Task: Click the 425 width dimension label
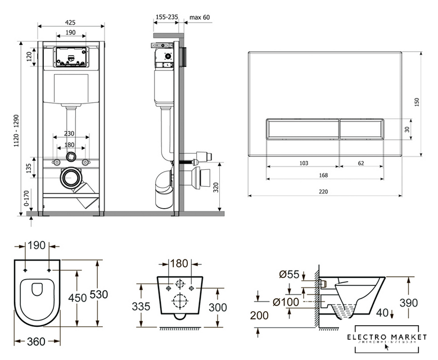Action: tap(70, 22)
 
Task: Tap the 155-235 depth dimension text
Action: tap(166, 17)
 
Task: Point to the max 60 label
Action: tap(199, 17)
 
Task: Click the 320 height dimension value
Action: tap(216, 187)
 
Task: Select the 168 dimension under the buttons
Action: tap(324, 175)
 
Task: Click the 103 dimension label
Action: tap(304, 163)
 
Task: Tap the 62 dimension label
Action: tap(361, 163)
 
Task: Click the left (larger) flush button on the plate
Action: tap(302, 129)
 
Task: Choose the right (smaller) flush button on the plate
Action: tap(362, 129)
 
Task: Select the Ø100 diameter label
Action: tap(284, 303)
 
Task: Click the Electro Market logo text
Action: tap(387, 337)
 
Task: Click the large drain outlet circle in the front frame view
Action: tap(70, 178)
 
